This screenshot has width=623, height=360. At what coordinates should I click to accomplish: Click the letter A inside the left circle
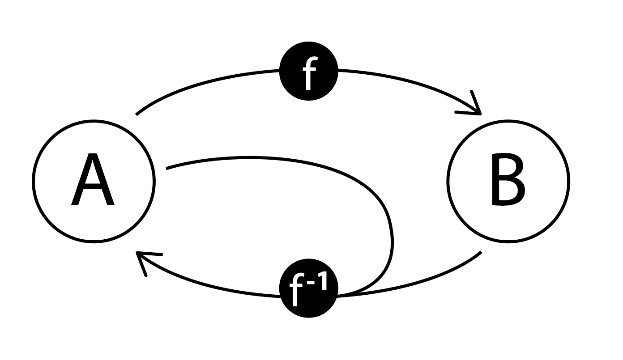(x=93, y=181)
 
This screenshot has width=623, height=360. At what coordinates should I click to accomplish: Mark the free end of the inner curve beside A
(x=167, y=168)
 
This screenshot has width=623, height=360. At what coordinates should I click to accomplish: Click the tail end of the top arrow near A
(x=137, y=114)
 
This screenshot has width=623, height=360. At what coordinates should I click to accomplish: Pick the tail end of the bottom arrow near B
(x=480, y=253)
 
